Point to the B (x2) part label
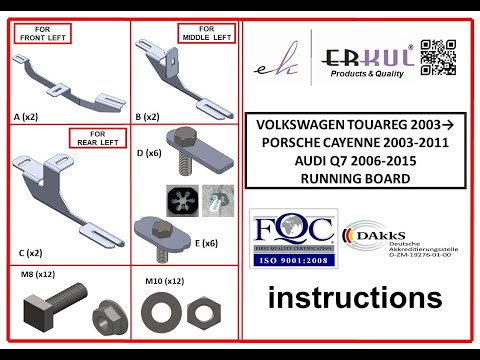pyautogui.click(x=147, y=117)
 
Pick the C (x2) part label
pyautogui.click(x=29, y=253)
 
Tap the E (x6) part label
pyautogui.click(x=208, y=242)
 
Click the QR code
pyautogui.click(x=437, y=57)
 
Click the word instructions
pyautogui.click(x=354, y=297)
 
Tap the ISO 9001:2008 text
pyautogui.click(x=295, y=263)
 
